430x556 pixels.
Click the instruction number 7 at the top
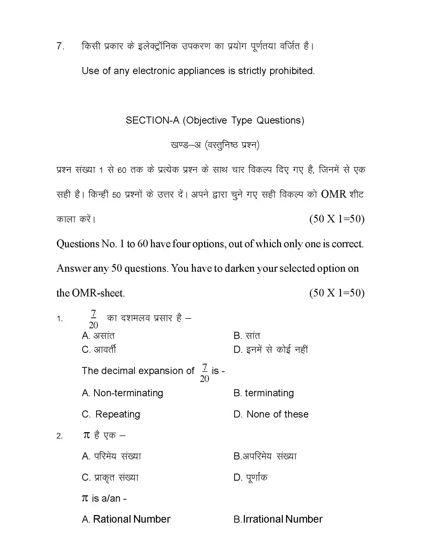[x=60, y=46]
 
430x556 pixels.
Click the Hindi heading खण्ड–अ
[x=186, y=145]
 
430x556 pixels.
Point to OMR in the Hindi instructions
[x=333, y=194]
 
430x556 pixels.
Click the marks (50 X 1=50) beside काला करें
[x=337, y=219]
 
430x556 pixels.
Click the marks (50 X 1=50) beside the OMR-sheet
[x=337, y=293]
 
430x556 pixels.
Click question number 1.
[x=60, y=319]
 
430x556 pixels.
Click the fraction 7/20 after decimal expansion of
[x=204, y=373]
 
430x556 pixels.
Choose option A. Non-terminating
[x=122, y=393]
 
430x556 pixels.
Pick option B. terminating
[x=264, y=393]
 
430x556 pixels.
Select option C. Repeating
[x=111, y=414]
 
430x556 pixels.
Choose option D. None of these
[x=271, y=414]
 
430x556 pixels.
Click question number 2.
[x=59, y=436]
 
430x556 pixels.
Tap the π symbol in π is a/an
[x=85, y=498]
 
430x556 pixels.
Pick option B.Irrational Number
[x=278, y=519]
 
